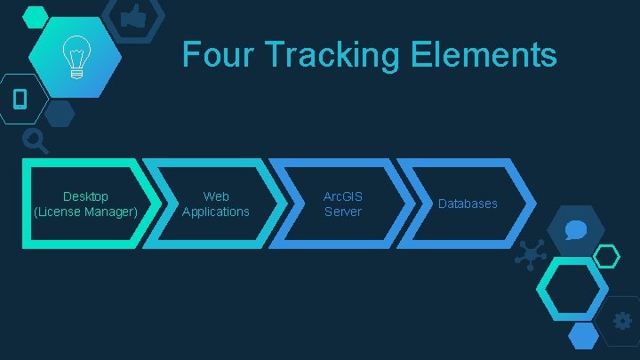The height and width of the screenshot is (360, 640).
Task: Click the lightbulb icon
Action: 75,59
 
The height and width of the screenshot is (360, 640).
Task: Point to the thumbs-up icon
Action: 134,16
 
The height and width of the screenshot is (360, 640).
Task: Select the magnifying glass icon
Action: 35,139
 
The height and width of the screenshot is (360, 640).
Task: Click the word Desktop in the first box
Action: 85,196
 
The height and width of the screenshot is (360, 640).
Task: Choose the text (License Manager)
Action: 85,212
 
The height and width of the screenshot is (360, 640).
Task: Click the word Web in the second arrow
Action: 216,196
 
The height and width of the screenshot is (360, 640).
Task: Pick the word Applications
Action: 216,212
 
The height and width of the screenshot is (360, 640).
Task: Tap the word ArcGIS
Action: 343,196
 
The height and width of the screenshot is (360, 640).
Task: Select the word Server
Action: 343,212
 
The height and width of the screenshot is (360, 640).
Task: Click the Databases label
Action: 468,204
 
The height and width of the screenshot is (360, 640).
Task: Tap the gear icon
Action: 622,320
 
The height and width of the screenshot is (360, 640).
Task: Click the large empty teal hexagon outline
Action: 574,290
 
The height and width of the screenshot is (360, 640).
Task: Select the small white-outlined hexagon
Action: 606,257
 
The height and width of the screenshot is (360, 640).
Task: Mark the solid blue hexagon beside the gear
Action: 583,334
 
